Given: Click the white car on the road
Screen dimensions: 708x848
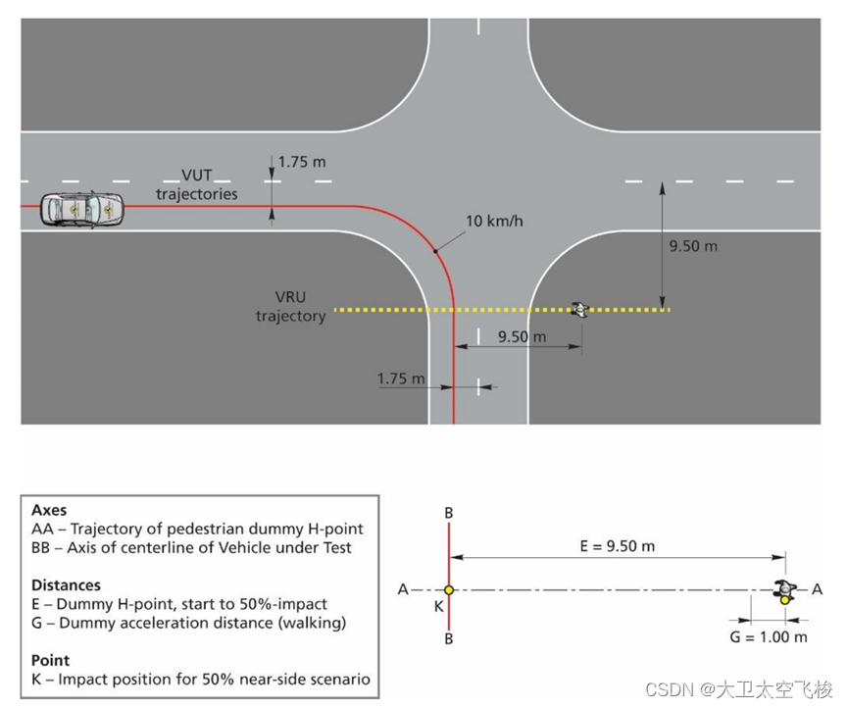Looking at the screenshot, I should click(x=82, y=208).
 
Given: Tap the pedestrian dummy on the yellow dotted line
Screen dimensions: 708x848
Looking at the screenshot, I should click(x=581, y=310).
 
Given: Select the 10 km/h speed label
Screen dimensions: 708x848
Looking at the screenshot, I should click(x=494, y=221).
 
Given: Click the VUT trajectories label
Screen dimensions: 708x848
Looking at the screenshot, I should click(x=196, y=184).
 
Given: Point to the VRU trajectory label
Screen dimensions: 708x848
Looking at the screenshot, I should click(x=290, y=306).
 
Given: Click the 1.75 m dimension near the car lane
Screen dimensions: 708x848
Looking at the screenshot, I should click(x=302, y=162).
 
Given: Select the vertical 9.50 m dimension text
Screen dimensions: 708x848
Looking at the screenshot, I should click(x=693, y=246).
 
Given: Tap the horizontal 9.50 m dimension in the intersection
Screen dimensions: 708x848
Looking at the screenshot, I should click(x=523, y=336).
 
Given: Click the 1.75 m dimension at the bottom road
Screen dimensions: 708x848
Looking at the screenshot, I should click(x=401, y=379).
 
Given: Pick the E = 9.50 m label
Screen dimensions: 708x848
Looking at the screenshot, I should click(x=616, y=545).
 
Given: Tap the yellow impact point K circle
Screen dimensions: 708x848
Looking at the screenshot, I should click(x=449, y=590).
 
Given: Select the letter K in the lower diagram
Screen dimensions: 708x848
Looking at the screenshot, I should click(x=438, y=607).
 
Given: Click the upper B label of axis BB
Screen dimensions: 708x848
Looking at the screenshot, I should click(x=449, y=512).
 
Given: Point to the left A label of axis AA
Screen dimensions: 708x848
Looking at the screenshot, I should click(x=402, y=589).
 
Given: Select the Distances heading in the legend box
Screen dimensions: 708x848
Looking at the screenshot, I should click(x=66, y=585).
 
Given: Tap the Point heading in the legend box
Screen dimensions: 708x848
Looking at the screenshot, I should click(x=50, y=660).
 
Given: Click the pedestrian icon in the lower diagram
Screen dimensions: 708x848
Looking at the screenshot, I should click(x=784, y=591).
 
